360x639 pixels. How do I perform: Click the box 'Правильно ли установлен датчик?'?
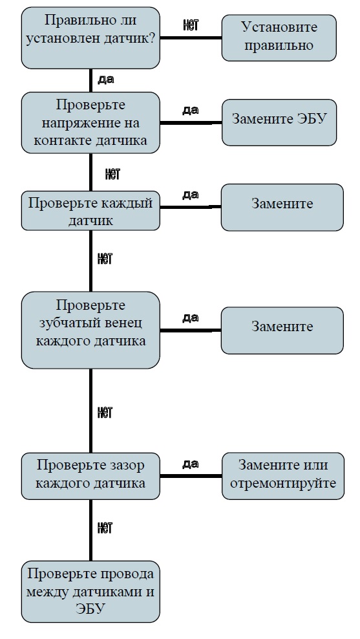[x=90, y=38]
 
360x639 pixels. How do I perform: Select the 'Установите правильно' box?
[x=279, y=38]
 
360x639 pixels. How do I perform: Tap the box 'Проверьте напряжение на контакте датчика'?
[x=90, y=123]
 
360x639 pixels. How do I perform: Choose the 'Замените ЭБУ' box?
[x=279, y=122]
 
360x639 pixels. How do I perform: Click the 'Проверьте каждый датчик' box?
[x=90, y=211]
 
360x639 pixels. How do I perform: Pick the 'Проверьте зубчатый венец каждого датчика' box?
[x=90, y=330]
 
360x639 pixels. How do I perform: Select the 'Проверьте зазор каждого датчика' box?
[x=90, y=476]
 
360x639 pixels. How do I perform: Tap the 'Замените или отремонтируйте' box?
[x=283, y=476]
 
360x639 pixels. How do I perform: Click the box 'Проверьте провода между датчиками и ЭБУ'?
[x=90, y=592]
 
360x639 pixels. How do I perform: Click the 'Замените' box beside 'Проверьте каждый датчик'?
[x=282, y=208]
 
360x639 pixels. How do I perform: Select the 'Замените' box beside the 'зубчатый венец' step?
[x=282, y=330]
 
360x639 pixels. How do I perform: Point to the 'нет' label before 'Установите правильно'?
[x=191, y=25]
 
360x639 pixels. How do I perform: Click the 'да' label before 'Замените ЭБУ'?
[x=191, y=110]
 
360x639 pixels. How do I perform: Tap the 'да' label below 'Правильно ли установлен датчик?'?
[x=106, y=80]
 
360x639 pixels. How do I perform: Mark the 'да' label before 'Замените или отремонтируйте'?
[x=191, y=464]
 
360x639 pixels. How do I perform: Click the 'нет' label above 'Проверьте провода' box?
[x=105, y=528]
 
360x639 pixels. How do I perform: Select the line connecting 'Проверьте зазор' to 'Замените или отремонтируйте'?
[x=191, y=476]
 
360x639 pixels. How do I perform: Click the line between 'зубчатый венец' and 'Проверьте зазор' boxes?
[x=90, y=411]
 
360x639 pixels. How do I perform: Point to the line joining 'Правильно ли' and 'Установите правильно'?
[x=191, y=38]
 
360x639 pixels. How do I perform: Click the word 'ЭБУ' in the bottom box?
[x=90, y=609]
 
